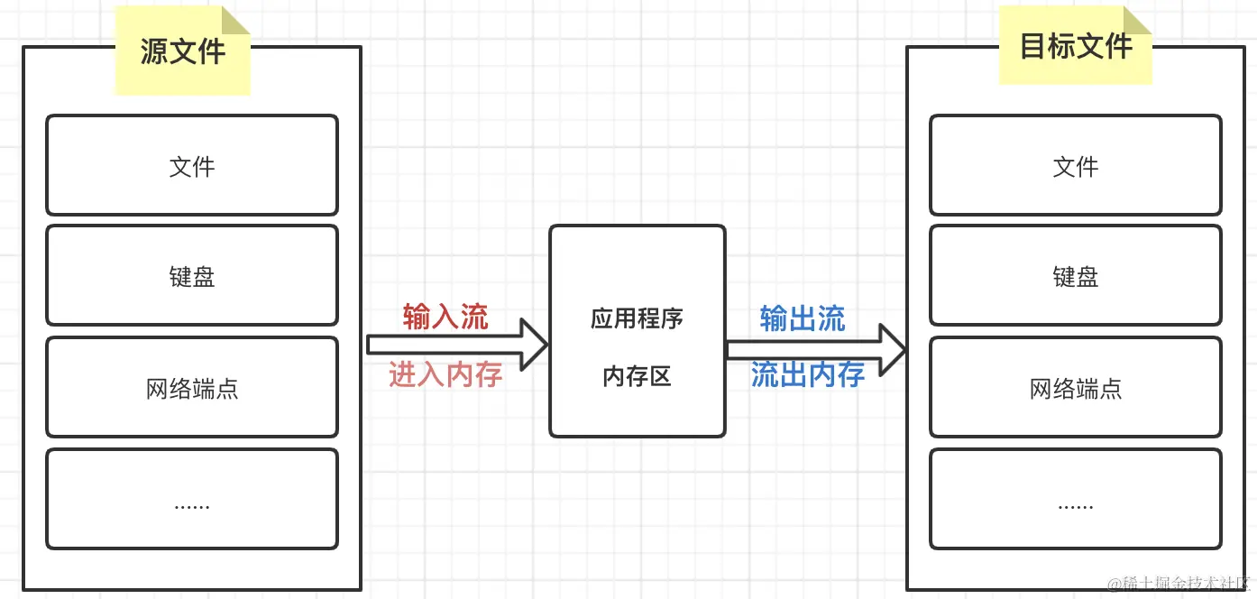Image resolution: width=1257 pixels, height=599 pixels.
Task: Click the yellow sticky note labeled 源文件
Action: coord(182,51)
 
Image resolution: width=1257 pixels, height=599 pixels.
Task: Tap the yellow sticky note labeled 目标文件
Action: coord(1075,46)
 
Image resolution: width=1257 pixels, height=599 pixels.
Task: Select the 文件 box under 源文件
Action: coord(192,165)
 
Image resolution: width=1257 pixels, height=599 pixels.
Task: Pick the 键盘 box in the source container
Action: coord(192,275)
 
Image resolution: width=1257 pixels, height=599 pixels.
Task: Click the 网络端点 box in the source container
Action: coord(192,388)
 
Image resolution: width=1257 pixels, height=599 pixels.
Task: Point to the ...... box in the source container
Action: coord(192,499)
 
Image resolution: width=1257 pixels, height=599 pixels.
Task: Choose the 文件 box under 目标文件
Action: coord(1076,165)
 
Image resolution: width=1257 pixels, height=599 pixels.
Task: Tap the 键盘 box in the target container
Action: coord(1076,275)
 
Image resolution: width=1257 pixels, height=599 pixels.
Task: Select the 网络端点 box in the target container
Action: coord(1076,388)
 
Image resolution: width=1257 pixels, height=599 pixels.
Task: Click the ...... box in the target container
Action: coord(1076,499)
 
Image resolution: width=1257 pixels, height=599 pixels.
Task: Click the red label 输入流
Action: coord(445,318)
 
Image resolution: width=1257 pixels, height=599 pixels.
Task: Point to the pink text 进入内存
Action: coord(445,373)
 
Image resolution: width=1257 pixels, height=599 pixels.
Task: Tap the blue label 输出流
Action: coord(803,318)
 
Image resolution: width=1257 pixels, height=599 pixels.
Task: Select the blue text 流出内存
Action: coord(808,373)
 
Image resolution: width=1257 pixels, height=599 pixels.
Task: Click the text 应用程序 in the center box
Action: coord(638,318)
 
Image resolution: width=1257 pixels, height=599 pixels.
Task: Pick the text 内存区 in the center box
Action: coord(638,376)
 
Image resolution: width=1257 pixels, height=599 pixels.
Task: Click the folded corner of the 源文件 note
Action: coord(235,22)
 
